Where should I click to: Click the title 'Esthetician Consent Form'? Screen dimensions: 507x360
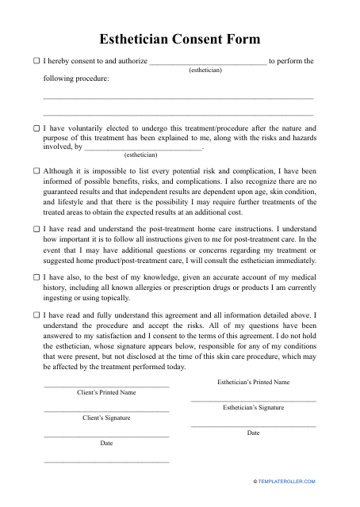pyautogui.click(x=179, y=39)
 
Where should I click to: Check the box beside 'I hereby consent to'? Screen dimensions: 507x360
pyautogui.click(x=36, y=60)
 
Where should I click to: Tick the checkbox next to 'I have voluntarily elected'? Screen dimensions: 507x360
pyautogui.click(x=36, y=128)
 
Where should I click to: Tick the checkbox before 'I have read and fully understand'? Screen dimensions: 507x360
pyautogui.click(x=36, y=314)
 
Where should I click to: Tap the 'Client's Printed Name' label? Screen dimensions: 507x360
pyautogui.click(x=106, y=392)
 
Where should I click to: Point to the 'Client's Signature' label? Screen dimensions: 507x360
pyautogui.click(x=106, y=417)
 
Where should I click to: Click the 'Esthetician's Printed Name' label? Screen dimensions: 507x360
pyautogui.click(x=253, y=382)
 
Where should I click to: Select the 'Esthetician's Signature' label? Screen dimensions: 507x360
pyautogui.click(x=253, y=407)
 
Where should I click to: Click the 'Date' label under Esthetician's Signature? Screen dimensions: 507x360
pyautogui.click(x=253, y=433)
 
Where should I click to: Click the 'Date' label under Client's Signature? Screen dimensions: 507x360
pyautogui.click(x=106, y=443)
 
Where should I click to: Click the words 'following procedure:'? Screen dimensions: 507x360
pyautogui.click(x=76, y=78)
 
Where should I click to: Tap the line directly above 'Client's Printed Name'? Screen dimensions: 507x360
pyautogui.click(x=106, y=386)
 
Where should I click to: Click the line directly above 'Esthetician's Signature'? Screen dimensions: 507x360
pyautogui.click(x=253, y=401)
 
